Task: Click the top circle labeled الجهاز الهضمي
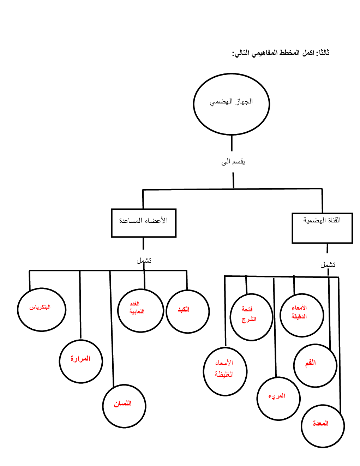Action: point(232,104)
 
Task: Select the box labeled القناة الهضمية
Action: point(322,228)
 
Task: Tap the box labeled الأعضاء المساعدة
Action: point(144,223)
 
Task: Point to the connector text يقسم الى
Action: point(233,162)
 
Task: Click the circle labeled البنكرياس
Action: point(41,310)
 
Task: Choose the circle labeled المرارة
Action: point(81,361)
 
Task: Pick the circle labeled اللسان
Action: point(124,406)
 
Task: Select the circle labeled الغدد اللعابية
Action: point(140,311)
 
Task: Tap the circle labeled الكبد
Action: point(187,311)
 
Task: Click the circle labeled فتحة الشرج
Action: point(251,317)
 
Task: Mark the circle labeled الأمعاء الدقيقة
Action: point(301,315)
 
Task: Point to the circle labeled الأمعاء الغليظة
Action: point(225,371)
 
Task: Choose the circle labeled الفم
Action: point(315,365)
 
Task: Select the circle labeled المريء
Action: point(278,398)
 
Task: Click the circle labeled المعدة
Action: point(323,425)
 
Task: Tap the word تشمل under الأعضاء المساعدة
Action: point(144,261)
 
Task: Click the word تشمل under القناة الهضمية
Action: point(328,264)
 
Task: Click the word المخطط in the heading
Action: point(289,53)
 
